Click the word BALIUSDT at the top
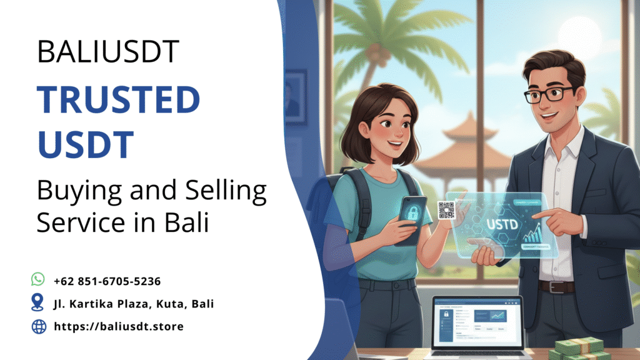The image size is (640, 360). point(108,51)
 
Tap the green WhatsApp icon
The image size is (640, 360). point(38,279)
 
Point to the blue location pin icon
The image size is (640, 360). point(38,302)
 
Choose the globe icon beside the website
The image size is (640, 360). point(39,326)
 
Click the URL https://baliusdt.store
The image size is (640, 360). point(119,326)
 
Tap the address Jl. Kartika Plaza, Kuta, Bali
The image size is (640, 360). point(134,304)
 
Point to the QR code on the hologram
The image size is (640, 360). point(446,210)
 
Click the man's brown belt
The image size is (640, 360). point(556,287)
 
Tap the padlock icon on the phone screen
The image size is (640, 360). point(413,212)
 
